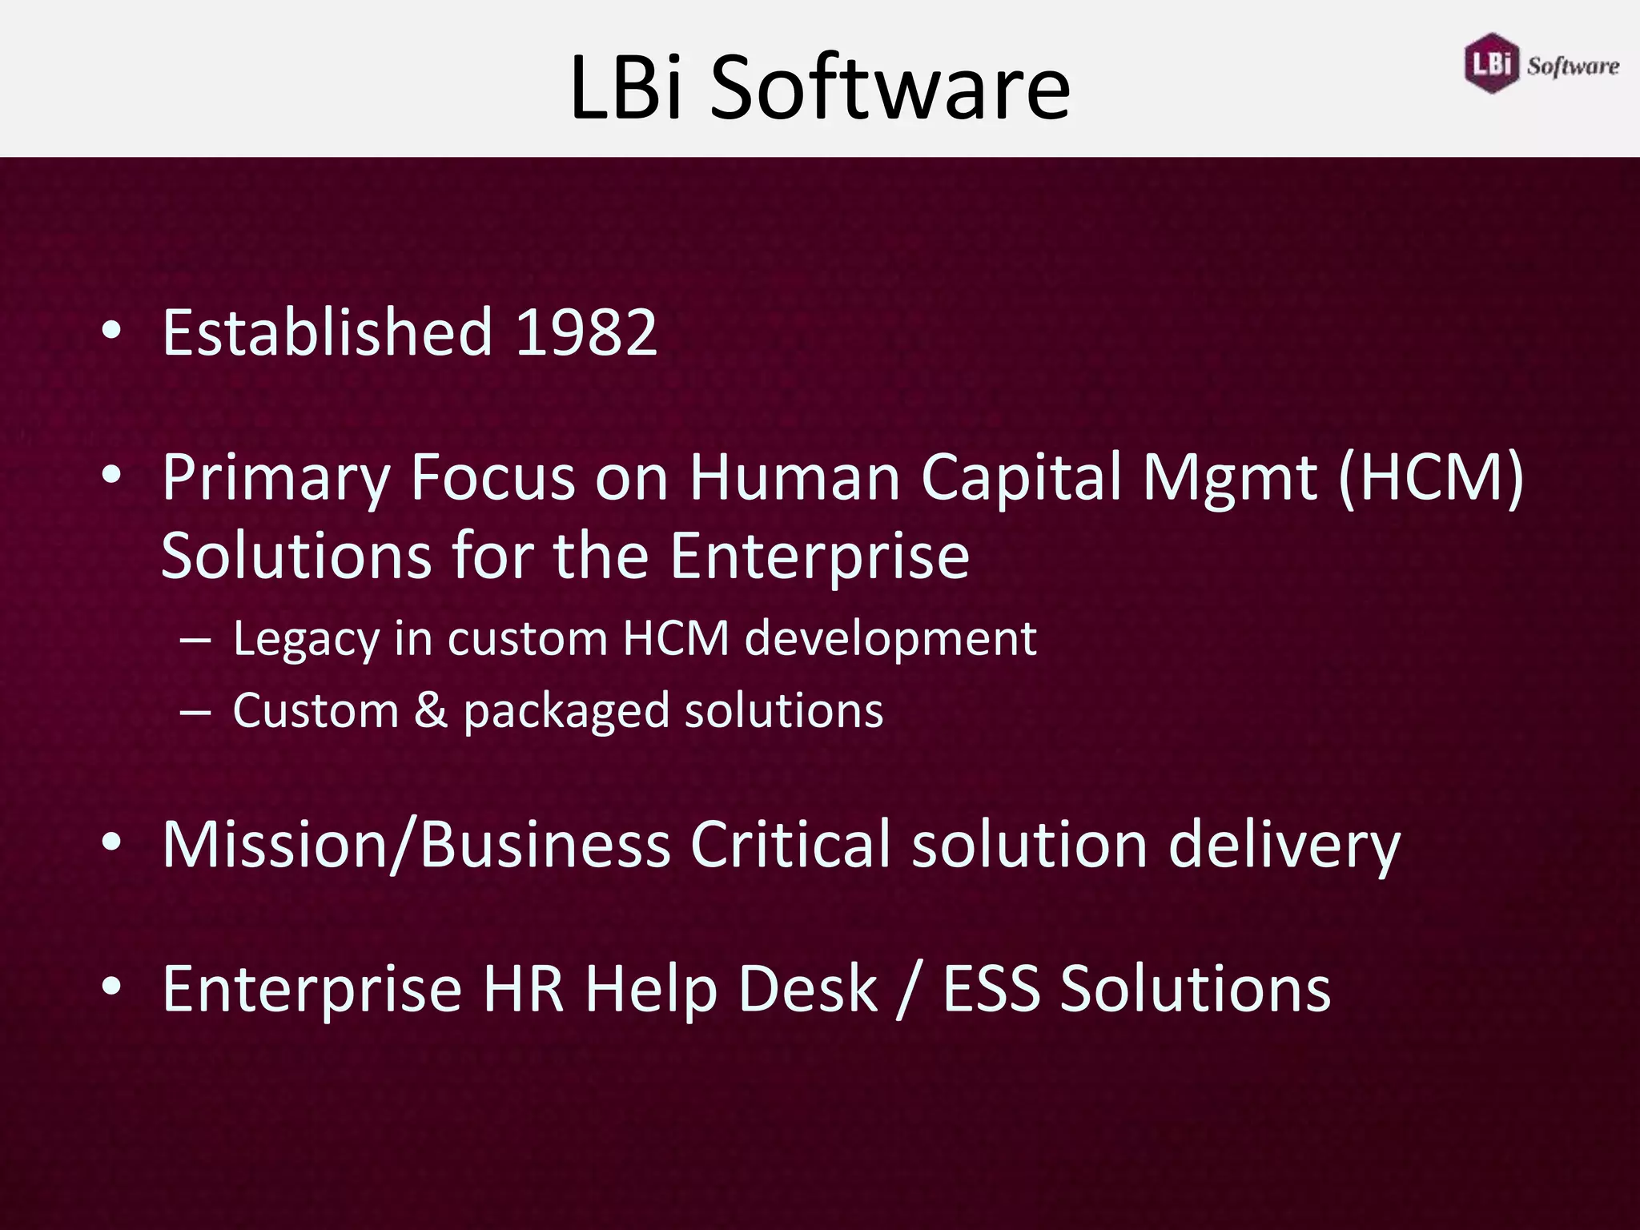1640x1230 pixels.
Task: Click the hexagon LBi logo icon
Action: coord(1491,62)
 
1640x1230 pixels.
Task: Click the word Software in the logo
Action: coord(1573,66)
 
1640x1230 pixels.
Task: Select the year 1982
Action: coord(586,332)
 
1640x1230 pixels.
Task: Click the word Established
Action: coord(327,332)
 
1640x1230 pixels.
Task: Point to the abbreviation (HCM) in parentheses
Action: coord(1431,478)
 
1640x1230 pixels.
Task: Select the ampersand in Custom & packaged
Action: coord(431,710)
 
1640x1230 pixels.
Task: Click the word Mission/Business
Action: coord(416,845)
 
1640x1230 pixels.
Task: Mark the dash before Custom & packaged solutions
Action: coord(195,711)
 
